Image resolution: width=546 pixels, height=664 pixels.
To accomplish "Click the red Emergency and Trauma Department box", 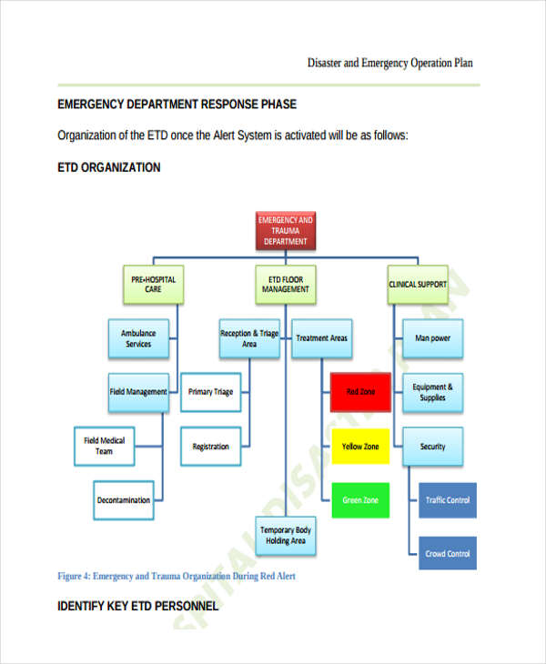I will coord(286,231).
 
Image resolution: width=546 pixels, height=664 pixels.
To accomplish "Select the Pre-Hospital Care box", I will coord(153,284).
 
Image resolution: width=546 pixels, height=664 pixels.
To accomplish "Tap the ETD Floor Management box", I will coord(286,284).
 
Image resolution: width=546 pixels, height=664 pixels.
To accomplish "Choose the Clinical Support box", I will coord(418,284).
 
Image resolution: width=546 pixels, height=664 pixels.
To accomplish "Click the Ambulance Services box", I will coord(138,338).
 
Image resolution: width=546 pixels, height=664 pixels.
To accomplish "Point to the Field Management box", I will coord(138,392).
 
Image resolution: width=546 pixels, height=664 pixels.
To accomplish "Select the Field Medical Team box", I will coord(104,446).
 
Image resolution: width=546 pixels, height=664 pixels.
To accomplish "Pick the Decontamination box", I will coord(124,500).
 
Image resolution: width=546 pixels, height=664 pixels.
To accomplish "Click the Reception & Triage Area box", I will coord(249,338).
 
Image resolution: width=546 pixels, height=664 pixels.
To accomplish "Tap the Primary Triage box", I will coord(210,392).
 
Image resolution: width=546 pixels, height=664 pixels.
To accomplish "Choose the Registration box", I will coord(210,447).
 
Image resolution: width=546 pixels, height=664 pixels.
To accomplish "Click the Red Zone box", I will coord(359,392).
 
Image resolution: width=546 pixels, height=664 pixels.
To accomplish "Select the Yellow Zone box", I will coord(359,447).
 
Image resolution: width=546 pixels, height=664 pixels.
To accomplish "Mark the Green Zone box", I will coord(359,500).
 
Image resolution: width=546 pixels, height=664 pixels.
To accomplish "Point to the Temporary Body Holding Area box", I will coord(285,535).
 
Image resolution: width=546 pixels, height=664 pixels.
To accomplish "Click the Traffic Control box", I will coord(447,500).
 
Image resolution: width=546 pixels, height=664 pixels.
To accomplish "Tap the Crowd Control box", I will coord(447,553).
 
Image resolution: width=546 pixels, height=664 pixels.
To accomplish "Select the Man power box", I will coord(432,338).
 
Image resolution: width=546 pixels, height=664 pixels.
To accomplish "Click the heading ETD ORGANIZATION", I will coord(109,167).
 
